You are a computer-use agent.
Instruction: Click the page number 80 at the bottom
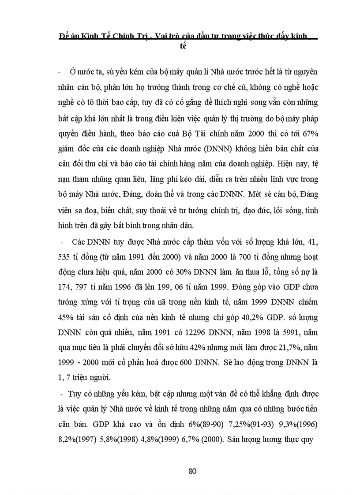[192, 471]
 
